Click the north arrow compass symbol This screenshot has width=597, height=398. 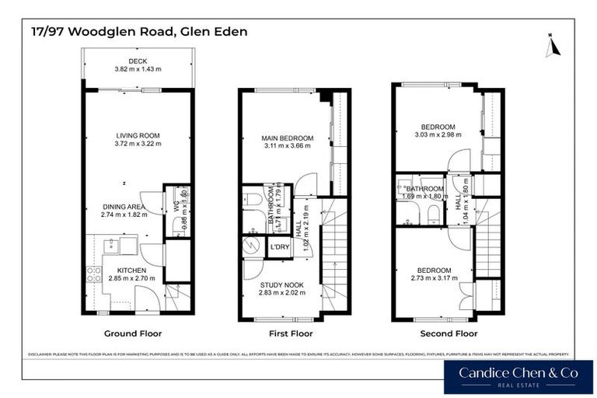pos(552,45)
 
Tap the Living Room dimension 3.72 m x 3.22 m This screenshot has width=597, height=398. pos(138,144)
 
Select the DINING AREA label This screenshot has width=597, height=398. pos(123,207)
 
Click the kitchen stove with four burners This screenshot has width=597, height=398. pos(94,274)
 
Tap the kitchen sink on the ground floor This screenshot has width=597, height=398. pos(110,247)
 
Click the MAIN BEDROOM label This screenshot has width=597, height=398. pos(287,138)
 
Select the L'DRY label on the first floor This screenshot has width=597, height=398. pos(279,248)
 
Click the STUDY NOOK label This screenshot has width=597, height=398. pos(281,285)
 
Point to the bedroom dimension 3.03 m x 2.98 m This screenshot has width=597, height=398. pos(438,134)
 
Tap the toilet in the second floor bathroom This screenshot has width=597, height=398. pos(434,213)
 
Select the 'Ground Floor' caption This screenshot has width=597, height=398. pos(133,333)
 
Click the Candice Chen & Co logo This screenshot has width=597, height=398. pos(518,376)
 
